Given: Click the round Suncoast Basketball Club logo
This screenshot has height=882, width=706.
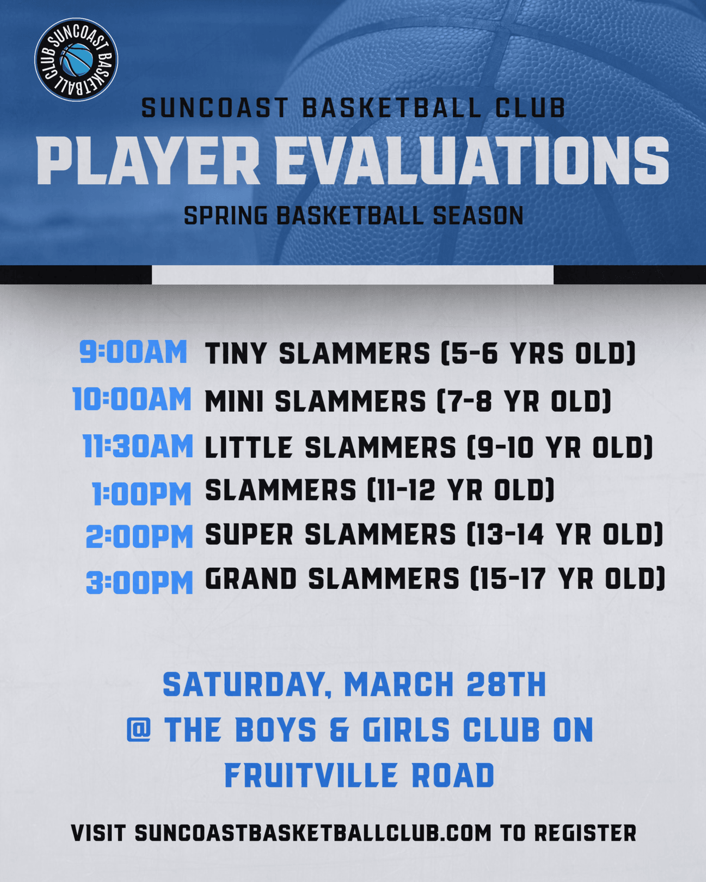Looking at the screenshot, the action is coord(76,59).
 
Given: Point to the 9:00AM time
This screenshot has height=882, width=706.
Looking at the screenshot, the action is coord(134,352).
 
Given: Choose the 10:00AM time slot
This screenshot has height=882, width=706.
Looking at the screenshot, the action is coord(132,399).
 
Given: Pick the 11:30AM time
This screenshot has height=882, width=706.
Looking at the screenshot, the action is coord(138,446).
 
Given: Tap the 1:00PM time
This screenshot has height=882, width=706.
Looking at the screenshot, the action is coord(142,494).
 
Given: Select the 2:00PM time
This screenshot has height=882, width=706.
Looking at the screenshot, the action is coord(139,537).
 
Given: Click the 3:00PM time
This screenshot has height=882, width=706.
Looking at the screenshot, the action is coord(139,583).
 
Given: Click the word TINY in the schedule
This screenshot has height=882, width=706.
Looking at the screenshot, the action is coord(236,353).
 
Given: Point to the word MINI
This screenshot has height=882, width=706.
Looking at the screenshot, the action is coord(234,401).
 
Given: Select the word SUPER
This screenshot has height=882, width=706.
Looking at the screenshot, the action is coord(249,534).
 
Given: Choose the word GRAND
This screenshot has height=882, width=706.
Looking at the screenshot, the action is coord(251,579).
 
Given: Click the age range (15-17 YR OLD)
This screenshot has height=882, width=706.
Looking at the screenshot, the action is coord(568,579).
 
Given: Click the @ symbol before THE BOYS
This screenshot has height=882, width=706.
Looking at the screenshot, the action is coord(139,730).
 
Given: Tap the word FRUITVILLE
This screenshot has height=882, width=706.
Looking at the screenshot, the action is coord(311,776).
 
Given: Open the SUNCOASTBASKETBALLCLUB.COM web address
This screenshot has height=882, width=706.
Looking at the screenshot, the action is coord(312,833).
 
